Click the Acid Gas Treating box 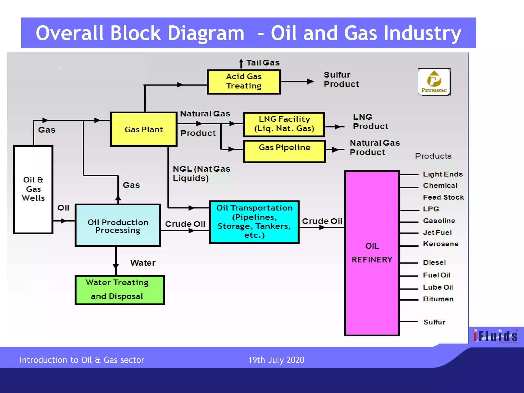tap(244, 82)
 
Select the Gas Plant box tap(144, 129)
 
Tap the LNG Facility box tap(284, 124)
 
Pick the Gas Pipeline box tap(284, 151)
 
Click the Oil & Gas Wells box tap(33, 189)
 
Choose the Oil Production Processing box tap(118, 225)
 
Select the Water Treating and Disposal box tap(119, 290)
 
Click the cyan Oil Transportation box tap(254, 222)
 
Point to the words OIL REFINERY tap(372, 253)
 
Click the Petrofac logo tap(434, 82)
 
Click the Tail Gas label tap(263, 63)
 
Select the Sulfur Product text tap(341, 79)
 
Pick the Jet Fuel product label tap(437, 233)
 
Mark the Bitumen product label tap(438, 299)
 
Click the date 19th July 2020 tap(276, 360)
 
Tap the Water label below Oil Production tap(143, 263)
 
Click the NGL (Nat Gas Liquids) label tap(201, 173)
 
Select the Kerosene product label tap(441, 244)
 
